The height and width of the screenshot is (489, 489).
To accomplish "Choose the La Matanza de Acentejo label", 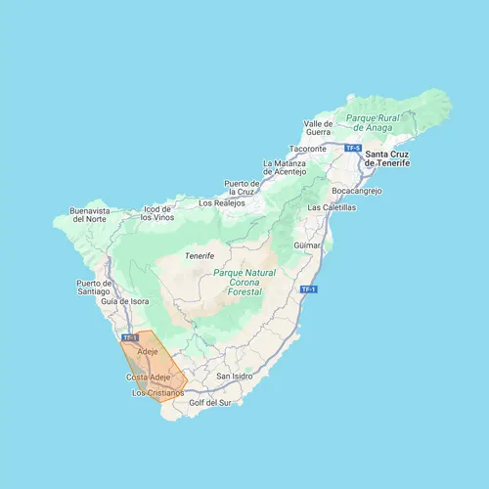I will click(285, 167).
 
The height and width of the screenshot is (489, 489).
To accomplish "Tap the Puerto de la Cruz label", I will click(242, 188).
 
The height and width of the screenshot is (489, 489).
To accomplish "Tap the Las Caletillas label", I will click(332, 208).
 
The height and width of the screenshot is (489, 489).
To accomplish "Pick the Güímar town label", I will click(307, 247).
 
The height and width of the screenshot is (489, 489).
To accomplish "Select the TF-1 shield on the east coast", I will click(308, 289).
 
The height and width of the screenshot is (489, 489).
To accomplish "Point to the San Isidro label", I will click(235, 376).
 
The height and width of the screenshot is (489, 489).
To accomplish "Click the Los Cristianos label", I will click(157, 393).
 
